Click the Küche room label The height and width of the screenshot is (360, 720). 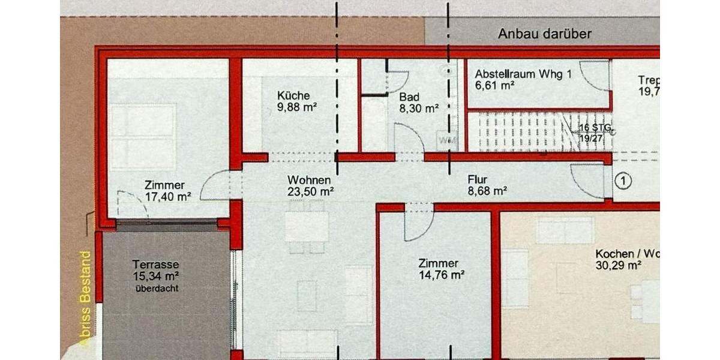[293, 95]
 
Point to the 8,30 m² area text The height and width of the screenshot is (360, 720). [419, 109]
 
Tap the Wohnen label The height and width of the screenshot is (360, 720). [309, 179]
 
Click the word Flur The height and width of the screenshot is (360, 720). [478, 179]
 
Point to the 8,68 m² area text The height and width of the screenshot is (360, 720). [488, 191]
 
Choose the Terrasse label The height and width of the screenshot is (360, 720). [157, 264]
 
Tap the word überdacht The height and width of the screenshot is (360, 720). [157, 288]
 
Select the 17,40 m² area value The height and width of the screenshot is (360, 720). [168, 196]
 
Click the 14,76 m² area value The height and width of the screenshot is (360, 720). [442, 275]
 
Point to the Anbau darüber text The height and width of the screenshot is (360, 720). [545, 34]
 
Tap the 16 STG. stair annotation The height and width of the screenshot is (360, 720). [594, 128]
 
